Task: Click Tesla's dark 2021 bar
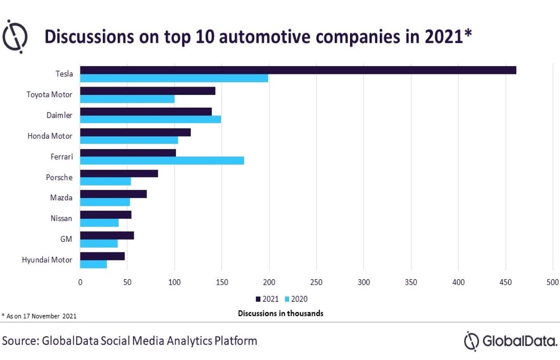click(x=297, y=70)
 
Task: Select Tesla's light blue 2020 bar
click(x=174, y=78)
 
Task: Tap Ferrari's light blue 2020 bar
click(x=162, y=161)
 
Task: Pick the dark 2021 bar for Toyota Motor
click(x=147, y=91)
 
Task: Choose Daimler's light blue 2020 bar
click(x=150, y=119)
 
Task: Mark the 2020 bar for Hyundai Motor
click(x=93, y=264)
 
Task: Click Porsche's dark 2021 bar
click(x=119, y=173)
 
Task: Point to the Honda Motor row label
click(x=50, y=136)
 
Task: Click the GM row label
click(x=66, y=239)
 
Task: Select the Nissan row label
click(x=61, y=218)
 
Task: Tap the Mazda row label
click(x=61, y=198)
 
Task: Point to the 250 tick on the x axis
click(x=316, y=283)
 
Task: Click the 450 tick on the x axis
click(x=505, y=283)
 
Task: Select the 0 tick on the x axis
click(x=80, y=283)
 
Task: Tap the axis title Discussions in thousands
click(x=280, y=313)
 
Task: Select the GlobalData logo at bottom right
click(x=510, y=341)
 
